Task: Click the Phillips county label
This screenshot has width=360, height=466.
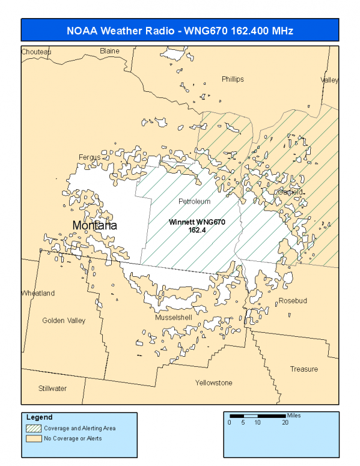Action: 233,79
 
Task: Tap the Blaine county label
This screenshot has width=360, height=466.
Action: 109,51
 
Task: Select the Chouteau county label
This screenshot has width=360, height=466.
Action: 36,52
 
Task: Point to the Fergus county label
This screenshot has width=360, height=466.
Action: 90,157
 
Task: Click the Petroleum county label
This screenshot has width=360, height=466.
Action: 195,201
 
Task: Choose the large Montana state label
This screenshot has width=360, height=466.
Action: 94,225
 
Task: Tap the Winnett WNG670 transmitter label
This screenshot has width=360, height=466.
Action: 197,222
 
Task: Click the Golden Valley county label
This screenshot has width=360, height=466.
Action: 64,321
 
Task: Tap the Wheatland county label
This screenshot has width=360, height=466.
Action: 38,293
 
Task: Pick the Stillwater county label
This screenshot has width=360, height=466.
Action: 52,389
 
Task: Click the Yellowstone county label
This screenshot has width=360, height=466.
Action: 213,383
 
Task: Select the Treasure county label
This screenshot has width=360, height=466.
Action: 304,369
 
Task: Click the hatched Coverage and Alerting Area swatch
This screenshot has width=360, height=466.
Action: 33,429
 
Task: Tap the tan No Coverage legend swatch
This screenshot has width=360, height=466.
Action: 33,438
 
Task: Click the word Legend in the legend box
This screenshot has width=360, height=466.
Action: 40,417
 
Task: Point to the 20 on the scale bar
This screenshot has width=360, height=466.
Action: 285,423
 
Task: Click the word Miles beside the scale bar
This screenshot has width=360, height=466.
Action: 294,415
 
